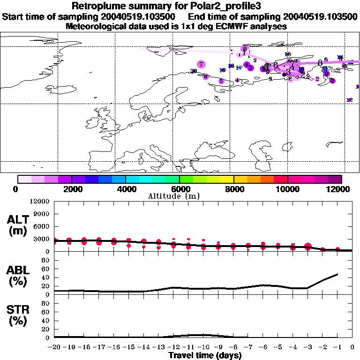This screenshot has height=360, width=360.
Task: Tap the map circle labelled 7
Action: click(201, 64)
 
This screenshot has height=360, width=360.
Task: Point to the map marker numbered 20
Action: click(194, 71)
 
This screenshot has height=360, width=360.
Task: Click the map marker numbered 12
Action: click(349, 100)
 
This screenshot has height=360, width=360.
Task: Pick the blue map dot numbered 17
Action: click(239, 67)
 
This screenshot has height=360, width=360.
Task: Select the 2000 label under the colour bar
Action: click(71, 189)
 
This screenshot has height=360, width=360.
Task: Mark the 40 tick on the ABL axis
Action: click(45, 278)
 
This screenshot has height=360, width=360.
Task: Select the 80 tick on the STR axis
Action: click(45, 303)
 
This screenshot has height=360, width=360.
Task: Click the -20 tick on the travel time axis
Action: click(55, 347)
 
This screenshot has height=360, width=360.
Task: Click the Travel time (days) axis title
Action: click(205, 355)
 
